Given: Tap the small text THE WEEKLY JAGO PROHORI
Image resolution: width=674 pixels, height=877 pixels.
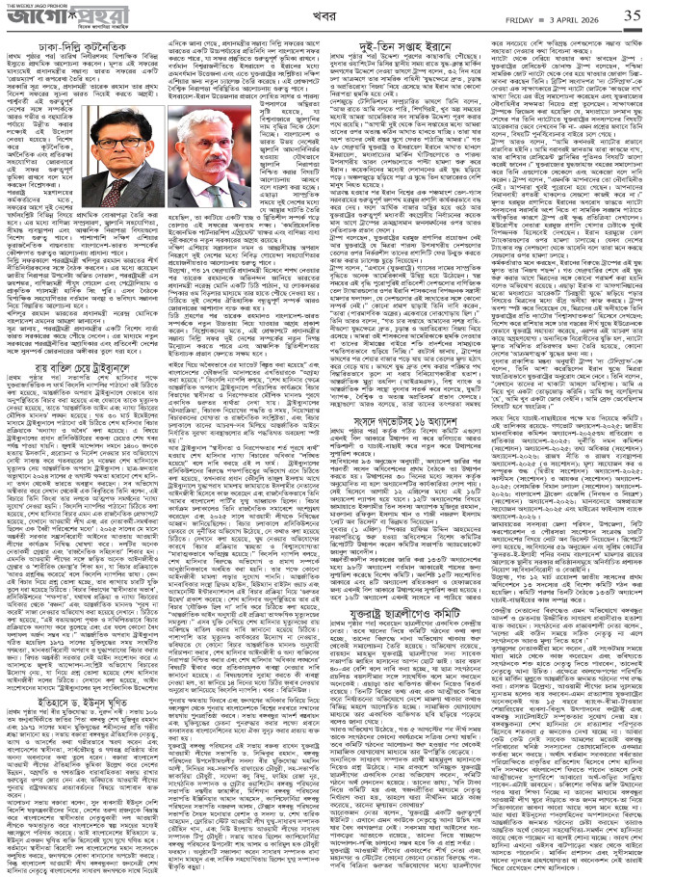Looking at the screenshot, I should (26, 5).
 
